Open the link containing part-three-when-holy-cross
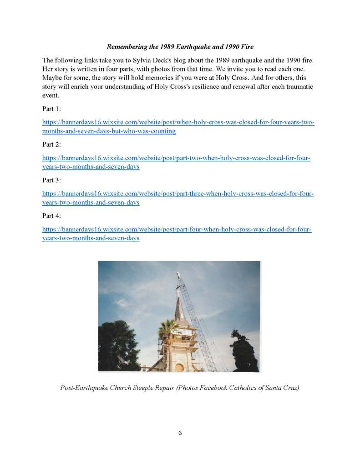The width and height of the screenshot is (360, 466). click(x=178, y=194)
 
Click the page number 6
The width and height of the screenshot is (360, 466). click(x=180, y=433)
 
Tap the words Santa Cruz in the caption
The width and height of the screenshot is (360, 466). click(x=283, y=388)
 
